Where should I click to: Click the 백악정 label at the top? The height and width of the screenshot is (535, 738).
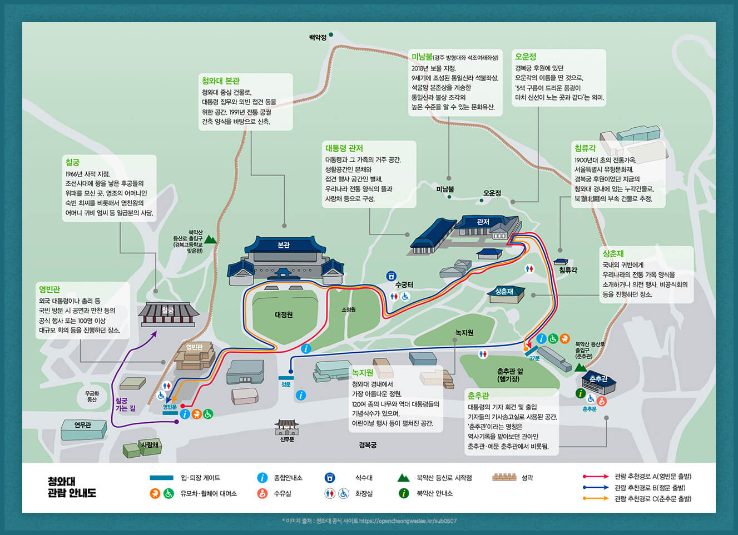[318, 38]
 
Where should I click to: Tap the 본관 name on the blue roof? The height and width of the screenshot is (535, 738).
[283, 245]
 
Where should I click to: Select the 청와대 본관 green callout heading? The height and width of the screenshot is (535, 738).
[220, 81]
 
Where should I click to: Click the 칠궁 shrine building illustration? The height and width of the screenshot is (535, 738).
[168, 314]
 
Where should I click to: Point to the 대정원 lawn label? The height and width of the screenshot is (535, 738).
[284, 315]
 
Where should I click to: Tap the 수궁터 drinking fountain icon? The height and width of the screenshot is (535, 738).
[391, 276]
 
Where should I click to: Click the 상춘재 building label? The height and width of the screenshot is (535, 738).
[504, 292]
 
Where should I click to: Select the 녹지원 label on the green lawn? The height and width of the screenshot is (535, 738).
[464, 333]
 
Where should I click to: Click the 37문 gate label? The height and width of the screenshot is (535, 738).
[534, 358]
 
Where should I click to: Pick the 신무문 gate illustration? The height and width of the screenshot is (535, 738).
[286, 427]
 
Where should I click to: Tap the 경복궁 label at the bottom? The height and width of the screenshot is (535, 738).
[368, 445]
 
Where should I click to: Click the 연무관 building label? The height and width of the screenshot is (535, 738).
[82, 425]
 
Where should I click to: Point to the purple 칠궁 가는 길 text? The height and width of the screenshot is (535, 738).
[125, 404]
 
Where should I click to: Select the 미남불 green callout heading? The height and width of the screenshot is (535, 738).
[422, 57]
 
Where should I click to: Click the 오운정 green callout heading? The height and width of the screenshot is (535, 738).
[526, 57]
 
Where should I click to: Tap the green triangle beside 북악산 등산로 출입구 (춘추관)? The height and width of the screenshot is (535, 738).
[580, 368]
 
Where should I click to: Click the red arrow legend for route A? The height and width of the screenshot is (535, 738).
[596, 477]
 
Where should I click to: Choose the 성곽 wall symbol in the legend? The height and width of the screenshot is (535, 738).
[504, 477]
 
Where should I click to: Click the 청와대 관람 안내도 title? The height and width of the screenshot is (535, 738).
[72, 487]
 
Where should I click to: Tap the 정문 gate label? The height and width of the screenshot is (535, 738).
[286, 384]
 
